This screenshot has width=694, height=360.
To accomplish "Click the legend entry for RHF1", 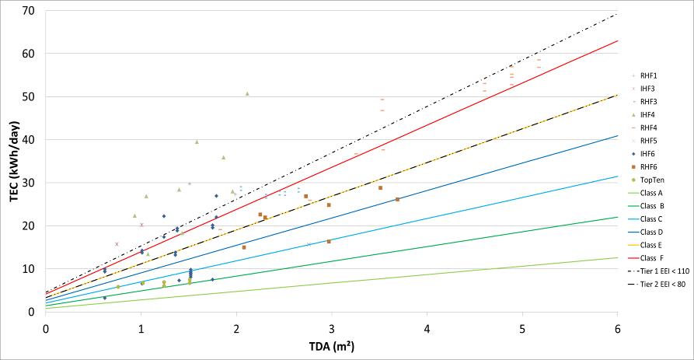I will [x=649, y=75].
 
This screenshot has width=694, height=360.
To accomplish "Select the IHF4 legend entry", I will [x=649, y=114].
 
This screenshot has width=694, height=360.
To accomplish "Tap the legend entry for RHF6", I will [x=649, y=166].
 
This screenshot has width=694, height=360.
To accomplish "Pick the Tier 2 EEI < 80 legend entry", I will [x=659, y=284].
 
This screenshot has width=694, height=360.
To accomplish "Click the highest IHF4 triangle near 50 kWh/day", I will [x=247, y=93].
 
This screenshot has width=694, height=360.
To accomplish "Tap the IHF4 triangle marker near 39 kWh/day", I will [x=197, y=142].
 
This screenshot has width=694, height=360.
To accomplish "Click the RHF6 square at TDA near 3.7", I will [x=398, y=199].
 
